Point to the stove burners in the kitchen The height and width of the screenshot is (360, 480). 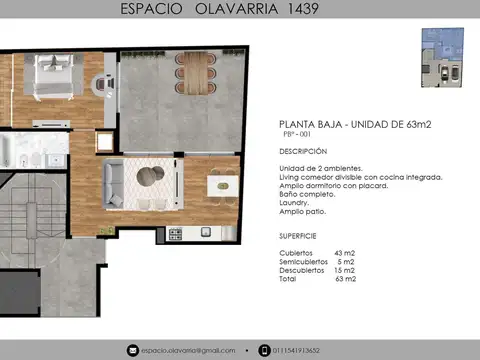click(x=175, y=234)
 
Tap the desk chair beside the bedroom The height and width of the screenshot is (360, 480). click(x=103, y=85)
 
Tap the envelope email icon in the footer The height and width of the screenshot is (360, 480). click(x=132, y=350)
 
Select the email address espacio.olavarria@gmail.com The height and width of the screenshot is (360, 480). click(x=188, y=350)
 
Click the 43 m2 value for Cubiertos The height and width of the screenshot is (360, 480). click(x=344, y=254)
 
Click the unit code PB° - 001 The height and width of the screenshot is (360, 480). click(x=298, y=135)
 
